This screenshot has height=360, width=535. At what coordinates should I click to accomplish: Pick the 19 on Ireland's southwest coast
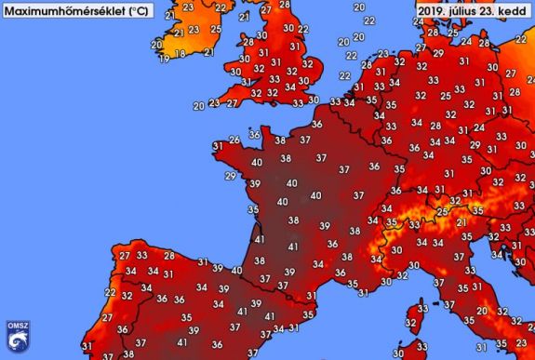164,59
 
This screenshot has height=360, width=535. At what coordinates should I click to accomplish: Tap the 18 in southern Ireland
180,55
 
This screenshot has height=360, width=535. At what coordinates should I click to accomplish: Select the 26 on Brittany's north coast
233,140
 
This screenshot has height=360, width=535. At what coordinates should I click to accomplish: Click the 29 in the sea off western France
230,176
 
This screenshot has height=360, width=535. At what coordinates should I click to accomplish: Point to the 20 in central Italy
480,311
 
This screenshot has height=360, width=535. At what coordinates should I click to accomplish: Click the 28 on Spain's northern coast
168,255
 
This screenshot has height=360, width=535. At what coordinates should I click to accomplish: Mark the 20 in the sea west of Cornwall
197,106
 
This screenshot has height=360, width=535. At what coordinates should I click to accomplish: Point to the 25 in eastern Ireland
216,27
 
